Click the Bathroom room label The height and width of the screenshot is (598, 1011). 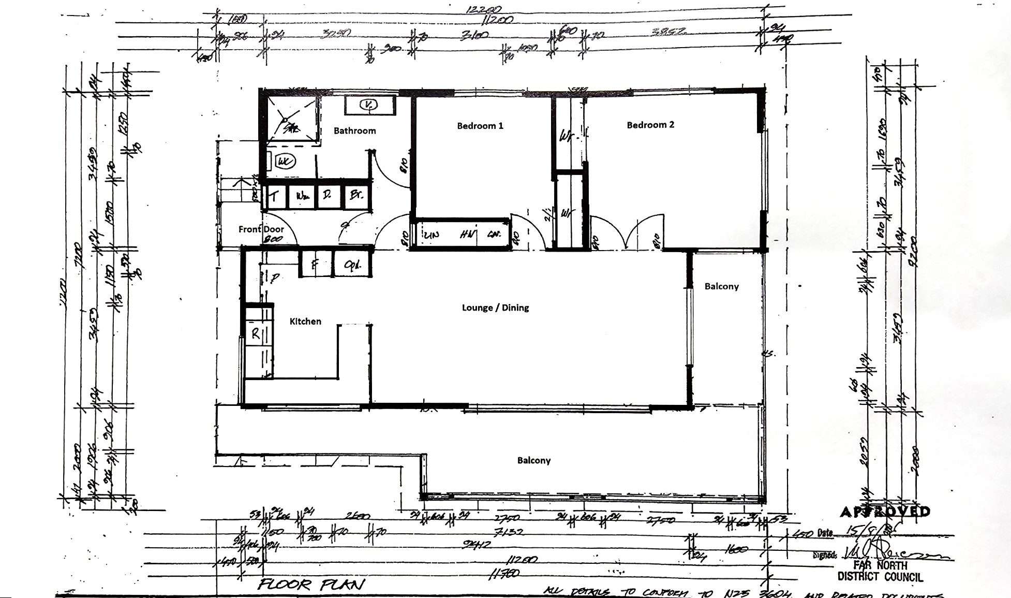pos(354,130)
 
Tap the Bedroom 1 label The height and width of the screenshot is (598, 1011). pos(480,125)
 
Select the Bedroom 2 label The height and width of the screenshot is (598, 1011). pos(650,125)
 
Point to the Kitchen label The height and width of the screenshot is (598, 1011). pos(305,322)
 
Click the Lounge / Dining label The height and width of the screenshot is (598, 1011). pos(495,308)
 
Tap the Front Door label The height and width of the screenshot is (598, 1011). pos(261,229)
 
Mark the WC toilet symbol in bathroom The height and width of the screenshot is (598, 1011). pos(284,162)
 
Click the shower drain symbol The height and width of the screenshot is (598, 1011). pos(285,121)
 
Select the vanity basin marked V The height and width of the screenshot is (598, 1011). pos(368,105)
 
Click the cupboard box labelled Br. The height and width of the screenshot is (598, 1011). pos(356,196)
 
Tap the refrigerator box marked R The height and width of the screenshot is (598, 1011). pos(256,334)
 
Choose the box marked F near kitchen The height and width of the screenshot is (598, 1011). pos(314,265)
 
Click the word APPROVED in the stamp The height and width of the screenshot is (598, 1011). pos(884,512)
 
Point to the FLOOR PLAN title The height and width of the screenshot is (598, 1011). pos(311,585)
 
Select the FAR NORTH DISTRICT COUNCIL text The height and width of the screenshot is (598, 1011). pos(880,571)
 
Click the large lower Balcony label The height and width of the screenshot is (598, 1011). pos(533,460)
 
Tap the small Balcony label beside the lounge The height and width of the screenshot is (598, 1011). pos(721,286)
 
